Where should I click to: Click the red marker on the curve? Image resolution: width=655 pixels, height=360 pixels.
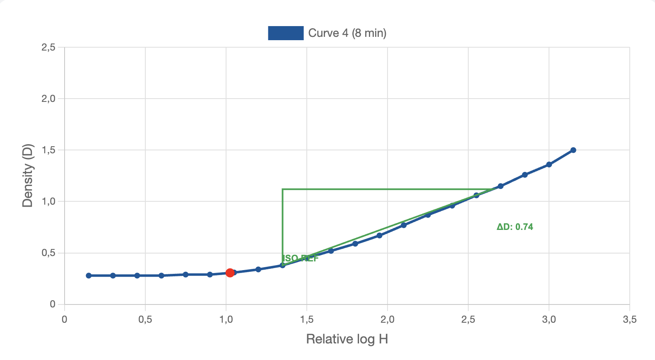click(230, 273)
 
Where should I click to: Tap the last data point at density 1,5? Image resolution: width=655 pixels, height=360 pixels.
click(573, 150)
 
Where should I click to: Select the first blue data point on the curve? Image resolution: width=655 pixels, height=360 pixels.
click(89, 275)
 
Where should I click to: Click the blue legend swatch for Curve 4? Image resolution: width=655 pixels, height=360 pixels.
click(286, 33)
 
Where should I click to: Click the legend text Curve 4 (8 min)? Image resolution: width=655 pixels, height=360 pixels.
click(347, 33)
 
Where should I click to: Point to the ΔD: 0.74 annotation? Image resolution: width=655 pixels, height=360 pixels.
click(515, 227)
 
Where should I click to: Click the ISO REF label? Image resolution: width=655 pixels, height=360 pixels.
click(300, 259)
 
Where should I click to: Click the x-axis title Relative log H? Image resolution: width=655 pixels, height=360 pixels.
click(347, 339)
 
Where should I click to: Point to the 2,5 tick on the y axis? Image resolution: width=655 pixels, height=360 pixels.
click(48, 47)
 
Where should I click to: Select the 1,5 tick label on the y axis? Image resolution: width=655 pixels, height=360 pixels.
click(48, 150)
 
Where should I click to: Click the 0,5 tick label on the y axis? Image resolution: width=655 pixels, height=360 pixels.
click(48, 253)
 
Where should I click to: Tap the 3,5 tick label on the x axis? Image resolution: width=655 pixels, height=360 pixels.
click(629, 319)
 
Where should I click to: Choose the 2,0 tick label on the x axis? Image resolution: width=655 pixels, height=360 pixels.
click(387, 319)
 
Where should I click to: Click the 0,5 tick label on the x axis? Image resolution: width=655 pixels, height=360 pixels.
click(145, 319)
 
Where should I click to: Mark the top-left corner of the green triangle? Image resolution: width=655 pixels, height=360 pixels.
click(282, 189)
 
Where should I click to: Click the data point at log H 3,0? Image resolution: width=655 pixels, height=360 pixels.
click(549, 164)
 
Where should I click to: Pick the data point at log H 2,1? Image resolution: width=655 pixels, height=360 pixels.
click(404, 225)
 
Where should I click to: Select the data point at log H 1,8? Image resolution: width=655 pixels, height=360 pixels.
click(355, 244)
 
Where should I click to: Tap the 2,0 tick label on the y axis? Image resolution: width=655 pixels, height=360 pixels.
click(48, 99)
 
